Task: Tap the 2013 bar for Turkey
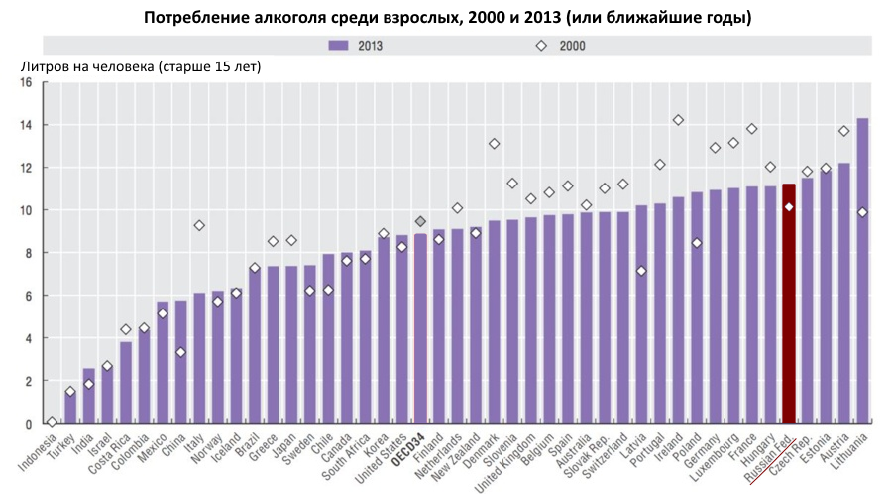[x=70, y=407]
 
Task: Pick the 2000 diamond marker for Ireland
[x=678, y=120]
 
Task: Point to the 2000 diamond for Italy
[x=199, y=225]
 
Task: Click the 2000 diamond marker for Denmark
[x=494, y=144]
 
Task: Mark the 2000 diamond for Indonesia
[x=52, y=422]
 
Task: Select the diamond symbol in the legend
[x=542, y=45]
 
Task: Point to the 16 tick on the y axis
[x=27, y=83]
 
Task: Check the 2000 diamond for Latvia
[x=641, y=271]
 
